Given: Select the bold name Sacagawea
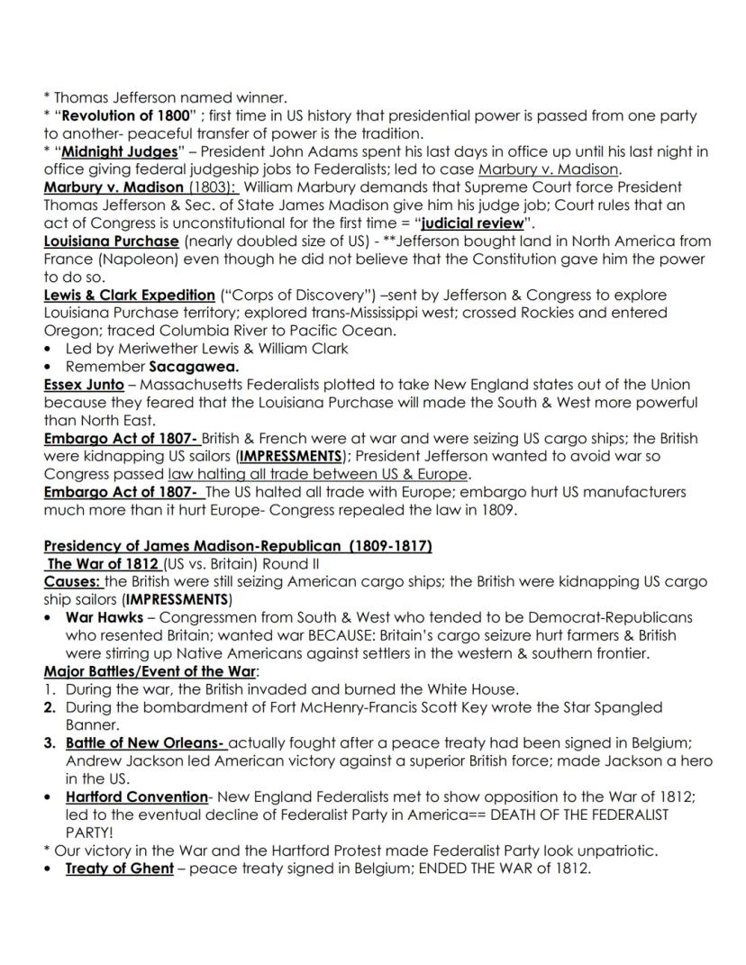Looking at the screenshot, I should point(194,366).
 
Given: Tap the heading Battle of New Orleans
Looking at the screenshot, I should point(144,742).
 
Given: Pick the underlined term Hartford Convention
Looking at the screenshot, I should point(136,797).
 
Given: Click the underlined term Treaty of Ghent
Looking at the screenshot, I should point(119,869).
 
